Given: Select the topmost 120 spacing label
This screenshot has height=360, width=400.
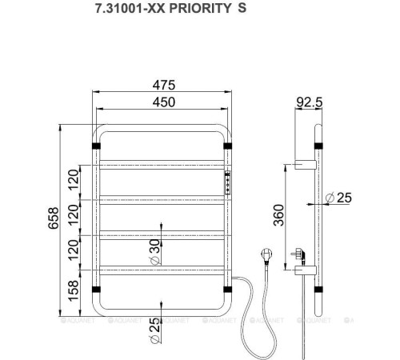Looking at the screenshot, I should [x=74, y=180].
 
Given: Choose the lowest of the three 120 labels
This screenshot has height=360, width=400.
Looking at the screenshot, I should [x=74, y=250].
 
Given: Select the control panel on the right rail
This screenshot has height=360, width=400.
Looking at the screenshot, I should [x=228, y=183].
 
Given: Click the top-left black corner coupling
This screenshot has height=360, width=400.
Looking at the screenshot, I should [x=97, y=146].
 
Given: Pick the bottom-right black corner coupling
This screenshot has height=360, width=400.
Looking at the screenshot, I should [x=228, y=288].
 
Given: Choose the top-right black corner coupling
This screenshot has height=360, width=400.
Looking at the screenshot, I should [x=228, y=146].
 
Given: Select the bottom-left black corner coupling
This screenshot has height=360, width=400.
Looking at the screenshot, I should [x=97, y=288].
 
